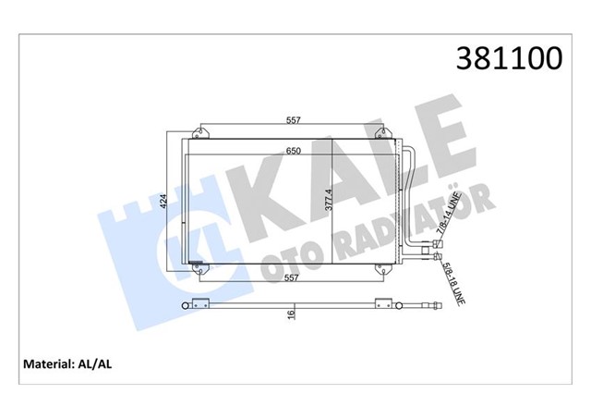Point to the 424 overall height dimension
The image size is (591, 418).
click(163, 203)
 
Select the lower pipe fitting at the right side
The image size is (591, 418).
click(437, 259)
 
